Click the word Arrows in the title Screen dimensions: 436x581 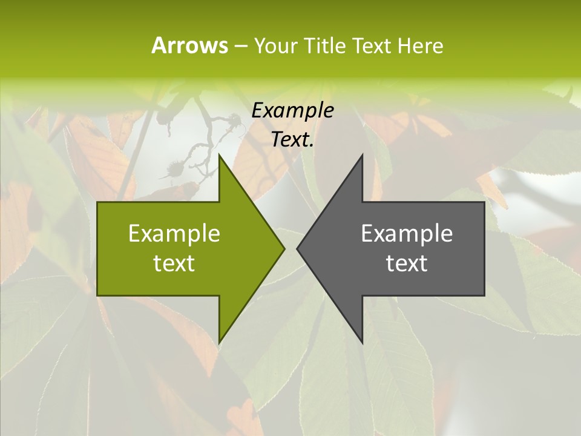(189, 45)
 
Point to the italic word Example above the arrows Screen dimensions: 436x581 (292, 111)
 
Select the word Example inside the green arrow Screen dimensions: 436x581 (174, 234)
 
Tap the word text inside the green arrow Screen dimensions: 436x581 (174, 263)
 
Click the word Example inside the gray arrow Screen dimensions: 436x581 (407, 234)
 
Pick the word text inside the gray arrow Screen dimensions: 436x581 (407, 263)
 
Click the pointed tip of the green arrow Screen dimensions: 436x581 (284, 248)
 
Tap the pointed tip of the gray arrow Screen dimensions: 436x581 (297, 248)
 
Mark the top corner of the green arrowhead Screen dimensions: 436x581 (219, 156)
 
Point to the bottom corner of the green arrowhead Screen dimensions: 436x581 (219, 342)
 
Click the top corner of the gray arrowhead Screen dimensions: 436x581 (362, 156)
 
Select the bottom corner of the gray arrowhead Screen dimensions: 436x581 (362, 342)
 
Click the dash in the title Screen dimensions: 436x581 (240, 47)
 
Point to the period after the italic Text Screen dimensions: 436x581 (312, 146)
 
